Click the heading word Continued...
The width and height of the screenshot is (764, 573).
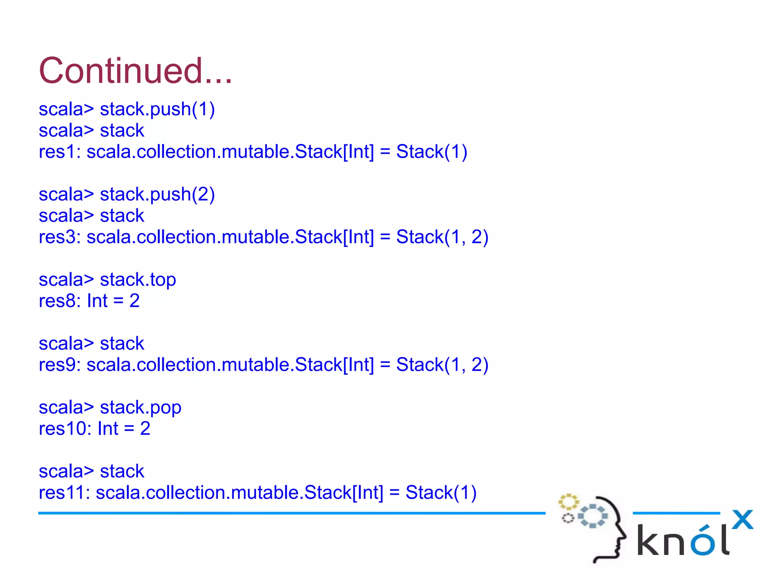135,71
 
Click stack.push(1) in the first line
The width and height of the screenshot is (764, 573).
157,109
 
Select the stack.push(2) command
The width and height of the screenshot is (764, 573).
157,194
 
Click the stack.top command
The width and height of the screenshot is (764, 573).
138,280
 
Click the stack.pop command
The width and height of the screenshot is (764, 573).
140,407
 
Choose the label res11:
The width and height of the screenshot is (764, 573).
64,492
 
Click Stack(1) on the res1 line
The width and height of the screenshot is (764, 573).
431,152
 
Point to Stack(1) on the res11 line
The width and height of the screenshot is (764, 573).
441,492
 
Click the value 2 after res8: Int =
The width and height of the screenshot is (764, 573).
134,301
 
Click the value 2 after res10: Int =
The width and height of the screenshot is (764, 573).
145,428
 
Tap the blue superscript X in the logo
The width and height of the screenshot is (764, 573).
742,520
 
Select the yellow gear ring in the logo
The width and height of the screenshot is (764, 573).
568,502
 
